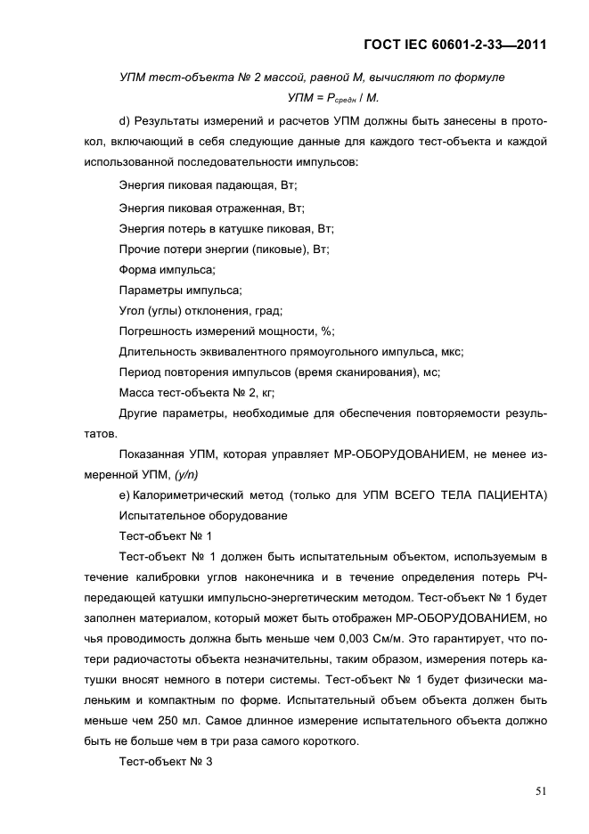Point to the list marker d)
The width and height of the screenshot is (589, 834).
(125, 121)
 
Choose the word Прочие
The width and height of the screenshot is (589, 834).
(139, 249)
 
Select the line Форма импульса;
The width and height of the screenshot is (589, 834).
(168, 270)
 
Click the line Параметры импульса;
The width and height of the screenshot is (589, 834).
(180, 290)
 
